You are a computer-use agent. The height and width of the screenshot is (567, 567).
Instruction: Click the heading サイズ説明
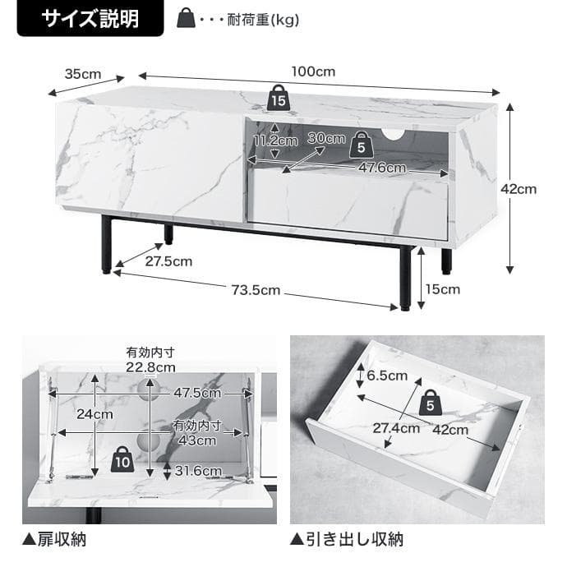pos(90,19)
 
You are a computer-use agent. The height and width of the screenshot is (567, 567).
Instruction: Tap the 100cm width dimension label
pos(313,71)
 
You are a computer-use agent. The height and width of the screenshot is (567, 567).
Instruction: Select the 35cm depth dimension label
pos(82,74)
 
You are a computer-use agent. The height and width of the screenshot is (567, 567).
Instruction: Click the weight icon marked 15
pos(278,98)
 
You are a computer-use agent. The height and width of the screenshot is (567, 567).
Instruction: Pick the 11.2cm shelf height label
pos(274,141)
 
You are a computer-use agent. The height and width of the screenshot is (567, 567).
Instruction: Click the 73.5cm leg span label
pos(254,290)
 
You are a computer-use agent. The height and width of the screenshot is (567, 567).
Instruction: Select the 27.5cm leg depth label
pos(168,261)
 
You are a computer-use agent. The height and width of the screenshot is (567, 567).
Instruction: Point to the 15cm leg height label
pos(443,288)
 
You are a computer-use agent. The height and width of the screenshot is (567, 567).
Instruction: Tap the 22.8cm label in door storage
pos(150,366)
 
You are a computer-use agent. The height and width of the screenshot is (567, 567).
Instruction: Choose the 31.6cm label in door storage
pos(198,471)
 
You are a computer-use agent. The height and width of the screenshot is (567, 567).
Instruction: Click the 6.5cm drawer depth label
pos(386,376)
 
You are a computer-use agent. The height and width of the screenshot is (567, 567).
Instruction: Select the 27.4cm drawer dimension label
pos(396,427)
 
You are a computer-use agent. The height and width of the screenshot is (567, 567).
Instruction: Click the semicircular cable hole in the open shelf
pos(394,135)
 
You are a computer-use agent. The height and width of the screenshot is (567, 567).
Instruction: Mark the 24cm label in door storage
pos(95,414)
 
